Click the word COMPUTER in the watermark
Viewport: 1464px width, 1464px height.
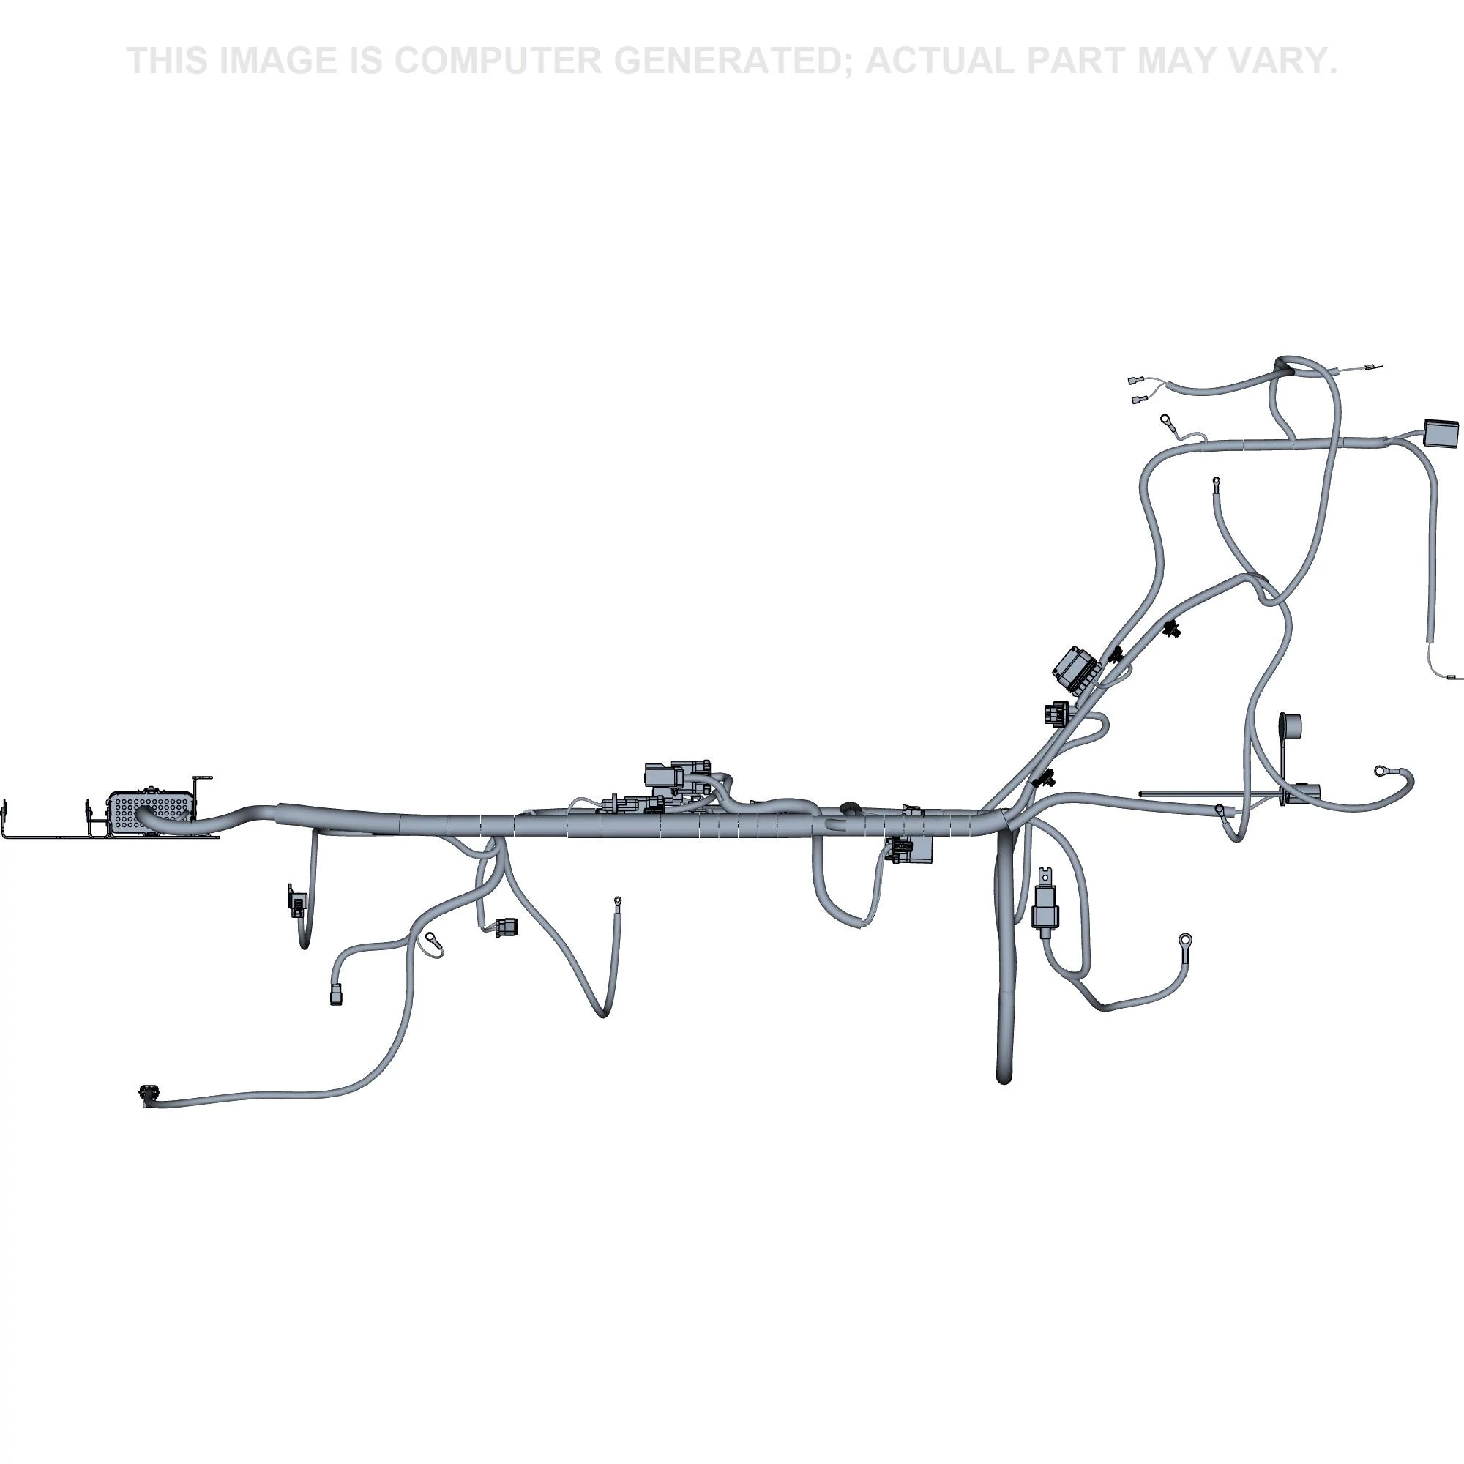coord(497,61)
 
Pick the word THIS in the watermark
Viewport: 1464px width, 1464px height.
coord(168,61)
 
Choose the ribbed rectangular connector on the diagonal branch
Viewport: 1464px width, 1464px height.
coord(1077,667)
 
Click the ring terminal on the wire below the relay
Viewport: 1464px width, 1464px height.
coord(1184,941)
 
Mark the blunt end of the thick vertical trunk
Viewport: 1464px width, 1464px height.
coord(1004,1077)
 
